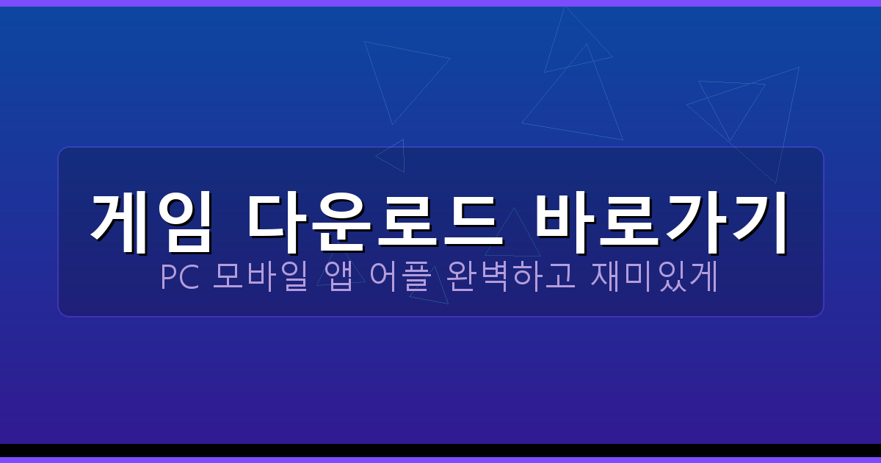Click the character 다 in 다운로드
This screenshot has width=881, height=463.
[273, 221]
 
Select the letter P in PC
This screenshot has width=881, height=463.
[168, 279]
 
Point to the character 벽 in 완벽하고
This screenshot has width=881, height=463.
[496, 279]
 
